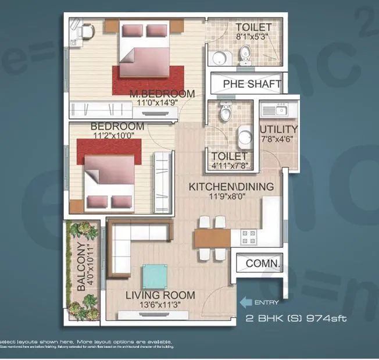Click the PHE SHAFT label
(x=252, y=84)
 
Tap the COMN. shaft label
(x=263, y=263)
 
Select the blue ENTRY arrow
(x=247, y=302)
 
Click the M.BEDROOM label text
(x=162, y=94)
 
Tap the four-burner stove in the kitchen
(x=248, y=237)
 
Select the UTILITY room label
(x=279, y=129)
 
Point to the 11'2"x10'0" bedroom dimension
(x=113, y=136)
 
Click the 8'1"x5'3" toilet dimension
(x=253, y=37)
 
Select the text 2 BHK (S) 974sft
(x=296, y=319)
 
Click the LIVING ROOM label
(x=160, y=295)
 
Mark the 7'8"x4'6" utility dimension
(x=278, y=139)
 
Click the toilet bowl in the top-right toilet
(x=246, y=57)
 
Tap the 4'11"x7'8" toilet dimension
(x=228, y=166)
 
